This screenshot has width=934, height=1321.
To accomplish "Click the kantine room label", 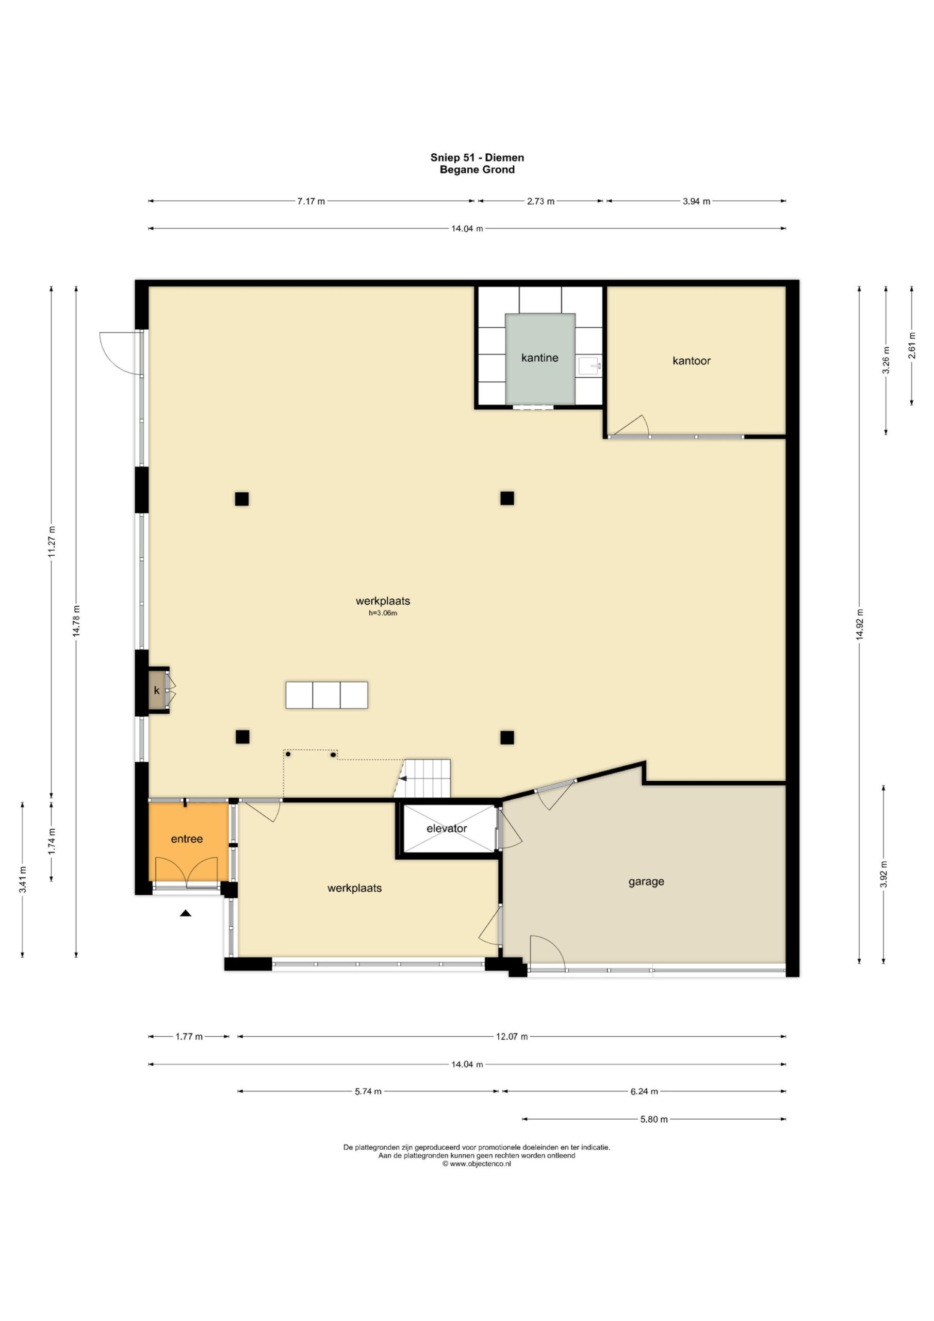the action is (x=539, y=358).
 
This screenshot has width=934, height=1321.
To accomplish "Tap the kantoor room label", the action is (x=691, y=361).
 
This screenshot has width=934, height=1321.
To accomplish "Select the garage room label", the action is (x=646, y=881).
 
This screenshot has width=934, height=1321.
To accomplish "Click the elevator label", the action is (x=446, y=829).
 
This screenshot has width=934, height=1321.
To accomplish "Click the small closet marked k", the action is (x=156, y=690).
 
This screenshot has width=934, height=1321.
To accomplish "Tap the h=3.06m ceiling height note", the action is (x=383, y=614).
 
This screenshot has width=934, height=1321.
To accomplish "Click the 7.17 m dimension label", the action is (x=311, y=201).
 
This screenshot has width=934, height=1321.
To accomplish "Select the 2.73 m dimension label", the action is (x=540, y=201).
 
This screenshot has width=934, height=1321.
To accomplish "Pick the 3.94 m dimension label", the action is (x=696, y=201).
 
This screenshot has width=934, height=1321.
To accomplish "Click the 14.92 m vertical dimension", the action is (x=859, y=625).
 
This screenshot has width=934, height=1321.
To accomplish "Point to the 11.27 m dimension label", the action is (x=52, y=542).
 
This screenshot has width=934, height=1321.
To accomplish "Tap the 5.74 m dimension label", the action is (x=368, y=1091).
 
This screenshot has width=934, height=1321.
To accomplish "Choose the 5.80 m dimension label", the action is (x=654, y=1119).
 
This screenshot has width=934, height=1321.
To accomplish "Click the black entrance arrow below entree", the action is (x=185, y=912).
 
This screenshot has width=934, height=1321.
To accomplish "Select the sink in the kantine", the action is (x=589, y=366).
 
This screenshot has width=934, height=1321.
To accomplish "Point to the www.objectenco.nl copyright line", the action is (x=476, y=1163).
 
